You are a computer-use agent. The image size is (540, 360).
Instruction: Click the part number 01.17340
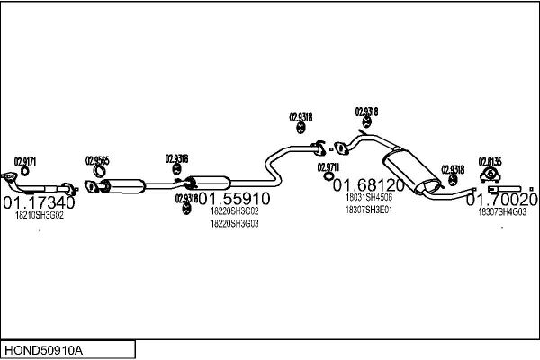coord(40,203)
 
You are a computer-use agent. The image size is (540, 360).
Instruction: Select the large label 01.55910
coord(234,198)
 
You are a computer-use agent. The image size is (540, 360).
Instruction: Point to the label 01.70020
coord(507,199)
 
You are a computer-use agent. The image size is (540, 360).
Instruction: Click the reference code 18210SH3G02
coord(40,216)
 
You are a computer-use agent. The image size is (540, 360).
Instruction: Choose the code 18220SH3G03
coord(234,224)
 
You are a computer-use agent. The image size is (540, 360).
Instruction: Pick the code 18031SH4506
coord(369,198)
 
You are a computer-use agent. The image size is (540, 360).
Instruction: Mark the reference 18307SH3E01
coord(369,211)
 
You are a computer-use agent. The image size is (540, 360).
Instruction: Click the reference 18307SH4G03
coord(502,212)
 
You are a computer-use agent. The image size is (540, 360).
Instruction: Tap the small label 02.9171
coord(24,159)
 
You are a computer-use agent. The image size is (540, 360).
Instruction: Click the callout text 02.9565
coord(97,160)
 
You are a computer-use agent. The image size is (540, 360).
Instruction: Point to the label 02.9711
coord(328,166)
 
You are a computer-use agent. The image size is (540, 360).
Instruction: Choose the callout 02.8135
coord(490,161)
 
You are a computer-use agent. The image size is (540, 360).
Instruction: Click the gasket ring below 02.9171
coord(25,171)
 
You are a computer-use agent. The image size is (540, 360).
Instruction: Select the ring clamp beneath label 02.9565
coord(97,172)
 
